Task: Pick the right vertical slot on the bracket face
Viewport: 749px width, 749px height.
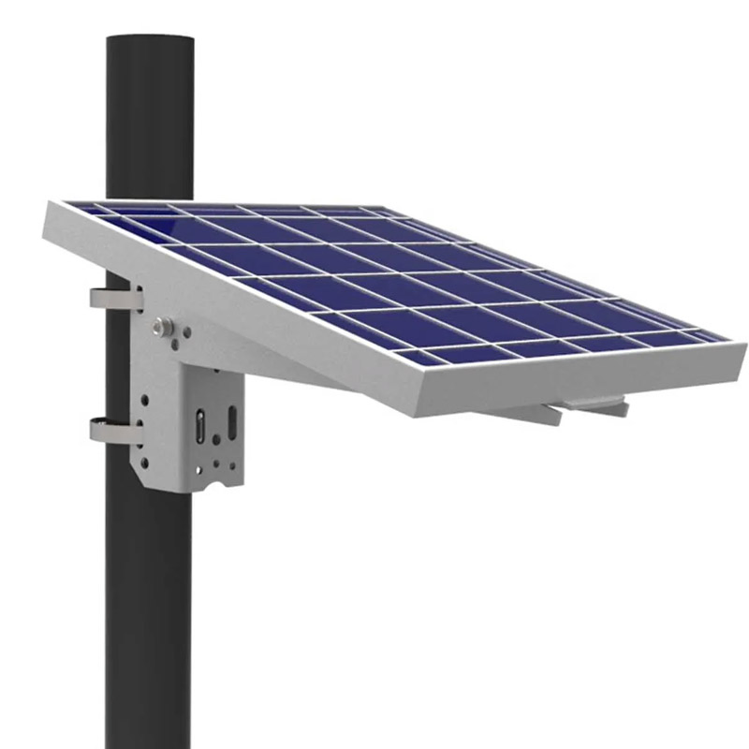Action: pos(230,421)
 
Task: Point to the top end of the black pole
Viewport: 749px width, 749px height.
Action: pos(150,42)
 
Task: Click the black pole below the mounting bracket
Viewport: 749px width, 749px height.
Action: pos(150,609)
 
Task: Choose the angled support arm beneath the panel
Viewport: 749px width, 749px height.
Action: pos(281,365)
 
